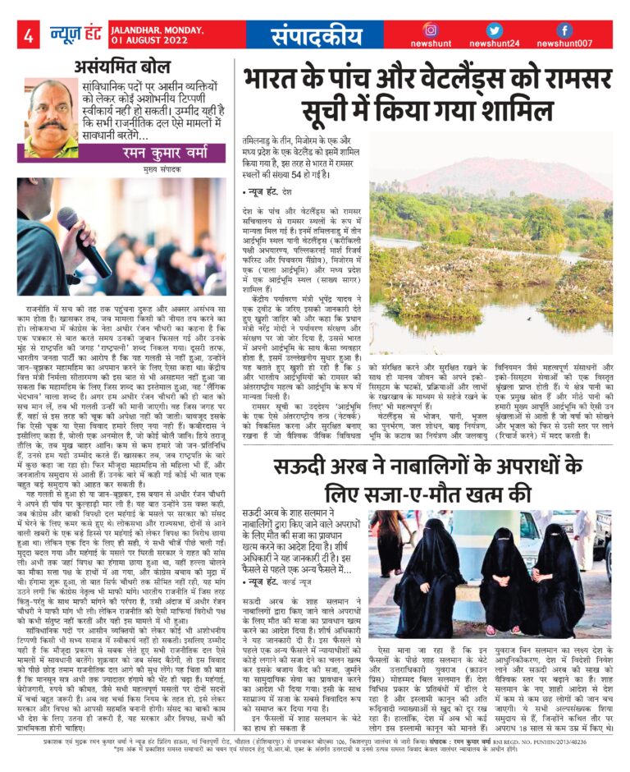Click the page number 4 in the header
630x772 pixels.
[28, 34]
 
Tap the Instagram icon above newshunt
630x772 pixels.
[430, 30]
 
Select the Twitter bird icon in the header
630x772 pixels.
[493, 30]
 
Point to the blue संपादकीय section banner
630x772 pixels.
[316, 35]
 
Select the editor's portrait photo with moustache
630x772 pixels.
[50, 117]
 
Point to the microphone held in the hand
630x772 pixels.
[83, 239]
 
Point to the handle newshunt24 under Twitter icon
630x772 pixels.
[494, 44]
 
